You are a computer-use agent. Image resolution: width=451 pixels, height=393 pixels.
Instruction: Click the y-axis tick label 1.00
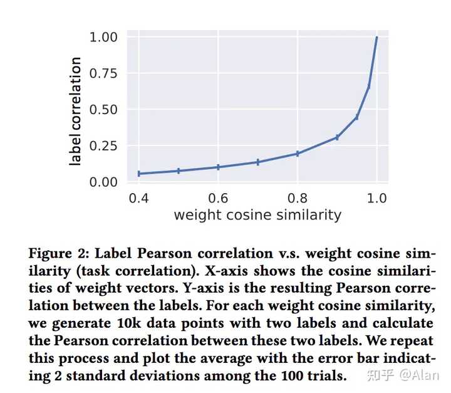[x=104, y=38]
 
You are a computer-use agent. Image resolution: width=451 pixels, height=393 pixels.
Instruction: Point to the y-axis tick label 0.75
[x=104, y=73]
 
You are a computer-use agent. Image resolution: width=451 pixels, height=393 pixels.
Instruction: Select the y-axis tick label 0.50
[x=104, y=110]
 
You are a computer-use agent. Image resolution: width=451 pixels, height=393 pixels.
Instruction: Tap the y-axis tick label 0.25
[x=104, y=146]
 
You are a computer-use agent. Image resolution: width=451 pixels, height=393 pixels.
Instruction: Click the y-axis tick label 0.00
[x=104, y=182]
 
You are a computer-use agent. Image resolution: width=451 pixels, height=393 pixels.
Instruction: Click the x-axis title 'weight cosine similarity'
[x=257, y=216]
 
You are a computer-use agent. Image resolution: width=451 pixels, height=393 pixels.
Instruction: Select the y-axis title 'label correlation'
[x=76, y=111]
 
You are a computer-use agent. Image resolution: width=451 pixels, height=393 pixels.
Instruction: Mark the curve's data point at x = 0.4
[x=138, y=174]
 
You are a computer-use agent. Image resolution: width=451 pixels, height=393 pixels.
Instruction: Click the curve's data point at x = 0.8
[x=298, y=154]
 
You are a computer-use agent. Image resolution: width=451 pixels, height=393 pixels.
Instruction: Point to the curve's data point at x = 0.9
[x=337, y=137]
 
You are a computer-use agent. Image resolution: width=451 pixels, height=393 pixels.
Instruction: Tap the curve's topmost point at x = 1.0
[x=376, y=38]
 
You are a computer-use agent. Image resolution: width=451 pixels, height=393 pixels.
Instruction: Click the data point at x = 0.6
[x=218, y=167]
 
